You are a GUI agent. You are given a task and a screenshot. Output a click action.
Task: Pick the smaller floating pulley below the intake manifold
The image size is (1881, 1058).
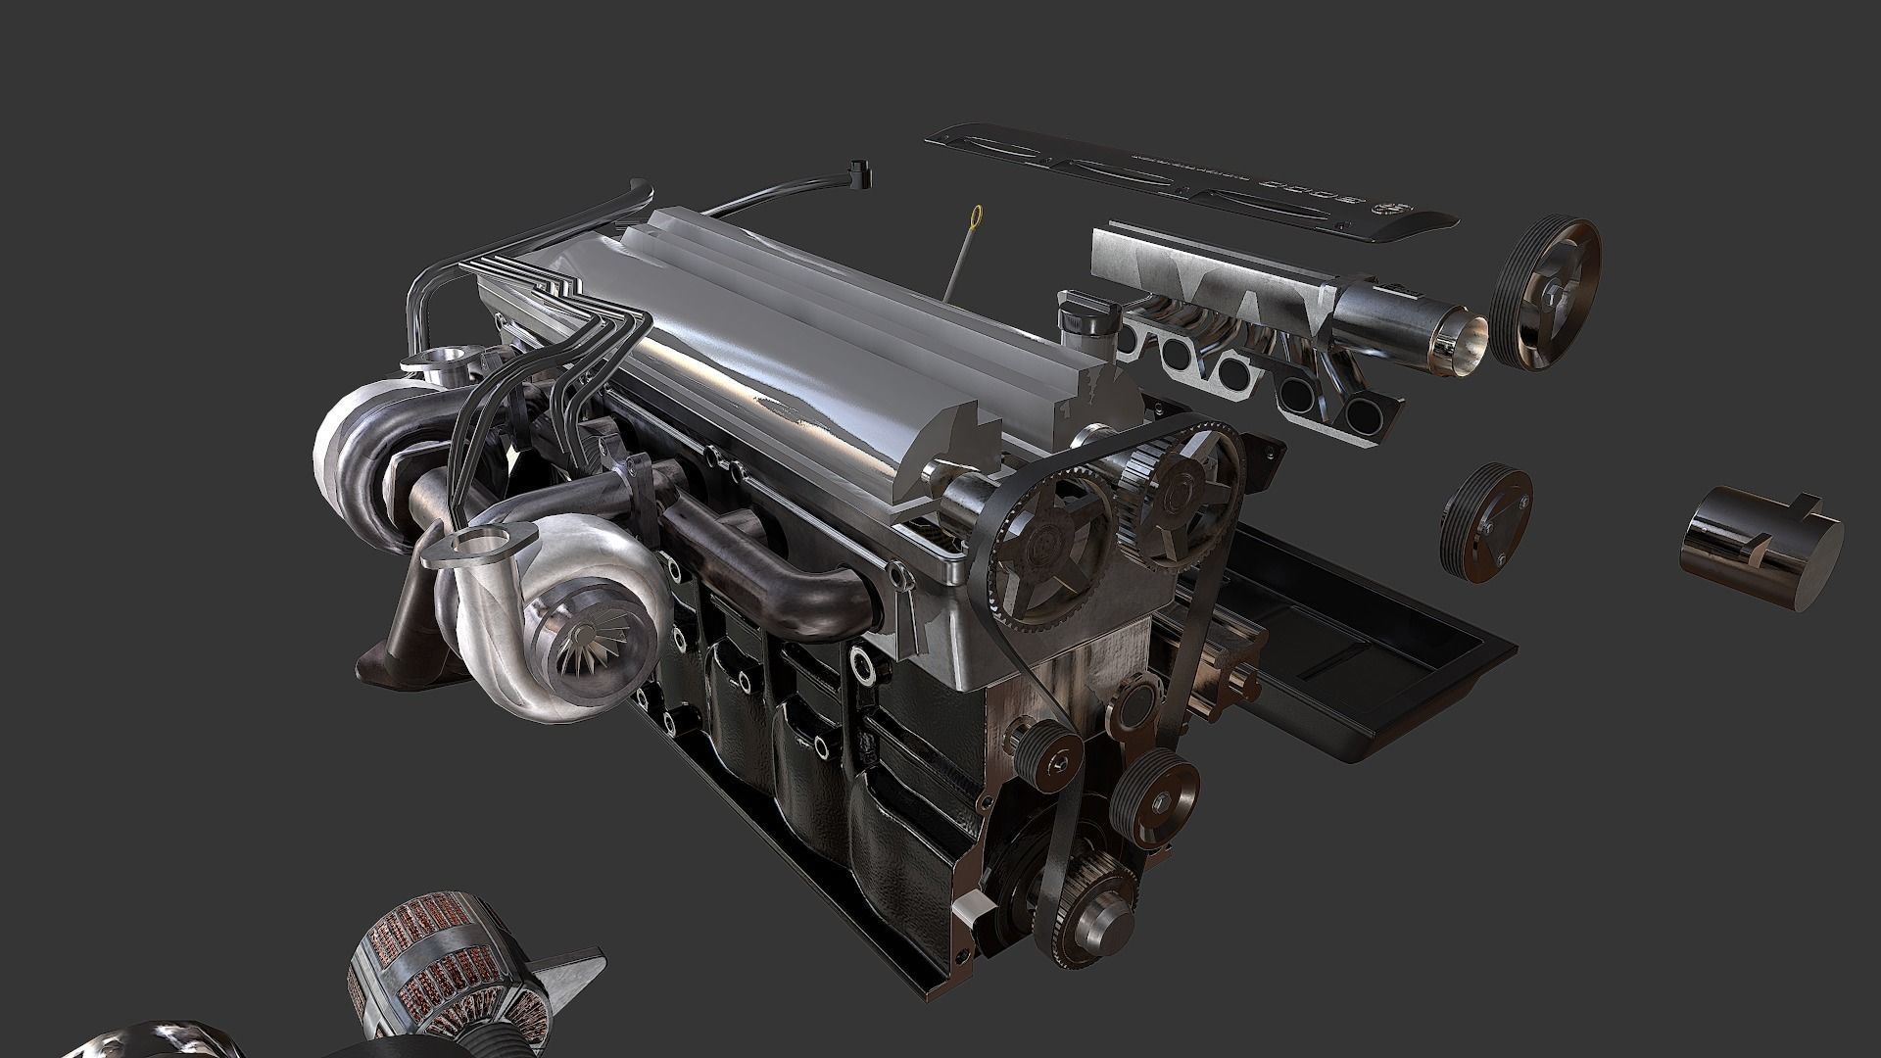pos(1485,524)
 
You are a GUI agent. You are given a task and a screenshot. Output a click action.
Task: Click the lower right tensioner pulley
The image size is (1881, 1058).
pos(1158,788)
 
